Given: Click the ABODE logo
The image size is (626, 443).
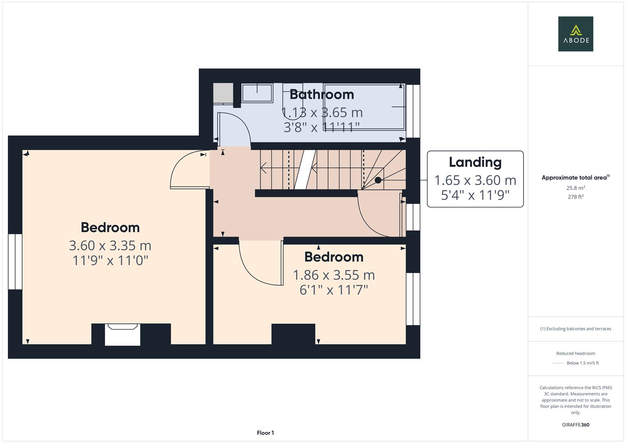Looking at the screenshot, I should [576, 34].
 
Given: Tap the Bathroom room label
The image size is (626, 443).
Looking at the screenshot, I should [322, 94].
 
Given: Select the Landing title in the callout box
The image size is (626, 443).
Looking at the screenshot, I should [475, 162].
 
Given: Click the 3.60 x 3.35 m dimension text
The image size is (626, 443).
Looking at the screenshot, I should [110, 245].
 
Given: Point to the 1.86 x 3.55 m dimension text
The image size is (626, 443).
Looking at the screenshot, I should [334, 275].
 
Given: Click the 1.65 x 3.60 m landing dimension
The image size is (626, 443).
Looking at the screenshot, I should [475, 180].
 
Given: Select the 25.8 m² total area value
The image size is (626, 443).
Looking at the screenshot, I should [576, 188].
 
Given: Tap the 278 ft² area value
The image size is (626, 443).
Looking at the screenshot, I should [576, 197].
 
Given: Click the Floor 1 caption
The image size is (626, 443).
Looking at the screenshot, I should [265, 433].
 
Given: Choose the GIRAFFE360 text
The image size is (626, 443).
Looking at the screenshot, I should [576, 425].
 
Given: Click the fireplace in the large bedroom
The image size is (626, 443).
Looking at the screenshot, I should [122, 334].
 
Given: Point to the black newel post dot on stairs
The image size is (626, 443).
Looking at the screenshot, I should [378, 180].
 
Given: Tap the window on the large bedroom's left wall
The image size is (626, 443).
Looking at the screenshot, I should [15, 261].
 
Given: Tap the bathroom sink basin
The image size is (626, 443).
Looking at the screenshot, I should [257, 93].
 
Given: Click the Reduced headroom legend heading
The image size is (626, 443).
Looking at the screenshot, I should [576, 353].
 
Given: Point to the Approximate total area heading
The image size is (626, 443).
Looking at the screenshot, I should [575, 178].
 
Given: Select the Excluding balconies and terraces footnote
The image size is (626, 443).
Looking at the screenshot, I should [576, 329].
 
